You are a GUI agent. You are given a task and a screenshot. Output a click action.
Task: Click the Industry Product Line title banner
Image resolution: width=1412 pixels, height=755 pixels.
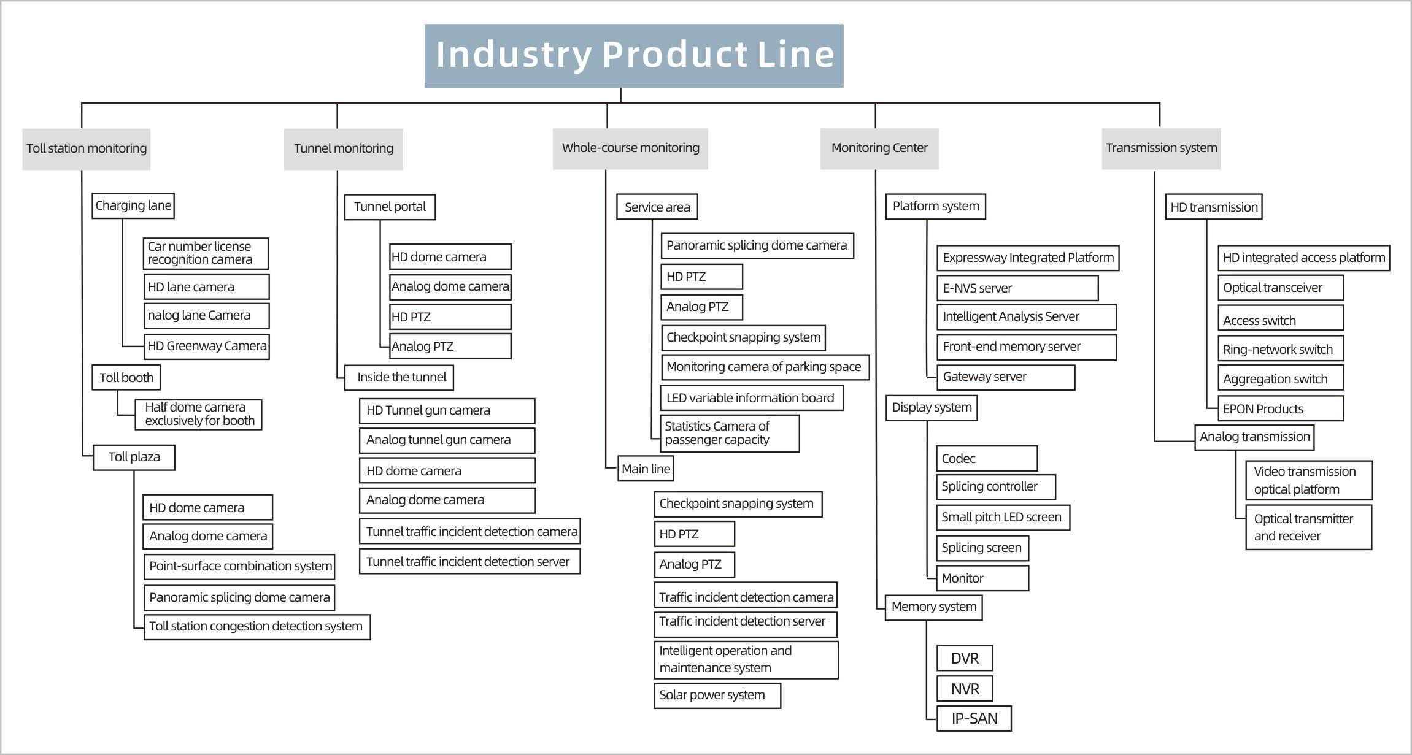click(x=634, y=56)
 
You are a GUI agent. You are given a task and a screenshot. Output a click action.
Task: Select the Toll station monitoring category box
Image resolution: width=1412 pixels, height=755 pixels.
click(x=86, y=149)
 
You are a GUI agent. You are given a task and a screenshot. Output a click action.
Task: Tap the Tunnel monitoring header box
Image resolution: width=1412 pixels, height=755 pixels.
click(x=343, y=149)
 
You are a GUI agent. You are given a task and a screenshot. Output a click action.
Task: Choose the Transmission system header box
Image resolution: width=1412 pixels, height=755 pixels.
click(x=1161, y=148)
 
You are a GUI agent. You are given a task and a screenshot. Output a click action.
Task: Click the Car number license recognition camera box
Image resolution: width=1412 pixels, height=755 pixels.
click(x=206, y=253)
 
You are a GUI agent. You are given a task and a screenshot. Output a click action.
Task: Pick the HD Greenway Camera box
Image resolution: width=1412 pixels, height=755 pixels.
click(x=206, y=347)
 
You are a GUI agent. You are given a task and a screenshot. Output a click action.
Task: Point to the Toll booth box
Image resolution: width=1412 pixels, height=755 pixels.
click(x=126, y=378)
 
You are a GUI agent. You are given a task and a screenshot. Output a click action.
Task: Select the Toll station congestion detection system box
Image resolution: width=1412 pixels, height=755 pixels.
click(x=257, y=627)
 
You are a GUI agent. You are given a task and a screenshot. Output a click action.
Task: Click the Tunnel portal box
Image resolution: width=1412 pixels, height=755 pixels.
click(x=390, y=207)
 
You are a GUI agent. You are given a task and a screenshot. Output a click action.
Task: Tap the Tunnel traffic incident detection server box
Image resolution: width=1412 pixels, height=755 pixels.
click(x=469, y=562)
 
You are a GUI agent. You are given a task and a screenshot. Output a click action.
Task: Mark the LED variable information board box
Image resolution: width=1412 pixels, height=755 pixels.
click(x=751, y=398)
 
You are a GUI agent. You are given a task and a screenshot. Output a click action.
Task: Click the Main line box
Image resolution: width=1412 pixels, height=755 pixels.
click(x=646, y=469)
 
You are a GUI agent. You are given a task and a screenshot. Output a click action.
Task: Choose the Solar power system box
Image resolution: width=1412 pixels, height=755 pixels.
click(x=717, y=696)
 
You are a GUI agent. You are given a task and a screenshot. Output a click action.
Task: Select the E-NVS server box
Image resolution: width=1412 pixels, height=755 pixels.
click(x=1017, y=288)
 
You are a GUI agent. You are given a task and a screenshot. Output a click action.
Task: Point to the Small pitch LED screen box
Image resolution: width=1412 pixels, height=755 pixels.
click(x=1003, y=518)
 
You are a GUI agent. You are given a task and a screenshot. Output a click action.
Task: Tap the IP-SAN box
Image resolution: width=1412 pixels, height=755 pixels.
click(x=974, y=719)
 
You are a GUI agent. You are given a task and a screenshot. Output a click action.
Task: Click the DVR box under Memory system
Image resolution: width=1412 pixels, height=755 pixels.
click(x=964, y=659)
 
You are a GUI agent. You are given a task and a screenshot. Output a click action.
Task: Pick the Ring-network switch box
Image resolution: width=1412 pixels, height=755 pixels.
click(x=1280, y=350)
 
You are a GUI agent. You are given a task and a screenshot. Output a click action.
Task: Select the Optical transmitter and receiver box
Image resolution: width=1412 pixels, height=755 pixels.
click(x=1308, y=527)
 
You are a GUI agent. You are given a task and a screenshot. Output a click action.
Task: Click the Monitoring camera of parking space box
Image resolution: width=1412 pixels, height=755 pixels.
click(x=765, y=367)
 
